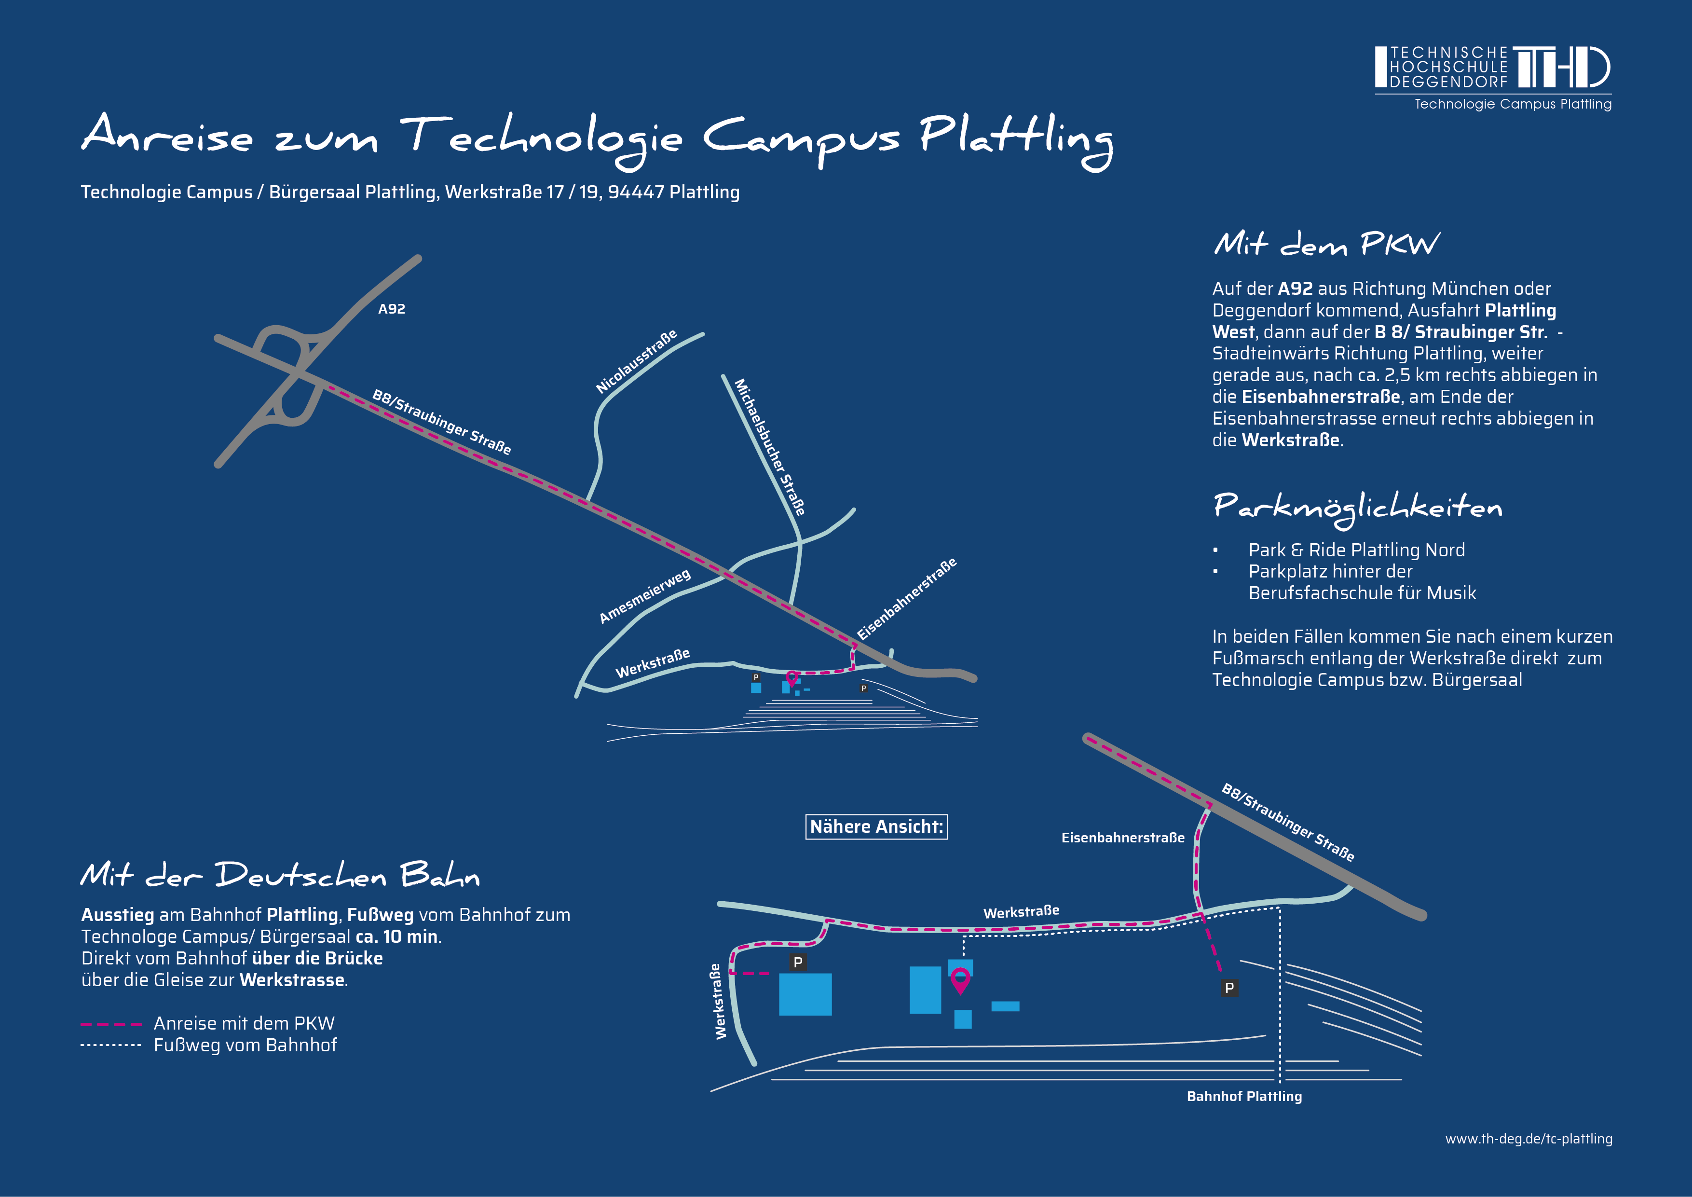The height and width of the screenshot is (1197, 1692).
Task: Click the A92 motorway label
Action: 391,309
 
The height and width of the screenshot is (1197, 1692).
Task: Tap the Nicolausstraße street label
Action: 636,362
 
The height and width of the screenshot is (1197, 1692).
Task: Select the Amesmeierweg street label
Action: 645,595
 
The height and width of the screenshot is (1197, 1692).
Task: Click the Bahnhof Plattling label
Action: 1244,1096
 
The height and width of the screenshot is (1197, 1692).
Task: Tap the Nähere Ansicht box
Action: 876,826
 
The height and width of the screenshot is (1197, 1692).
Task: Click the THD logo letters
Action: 1561,68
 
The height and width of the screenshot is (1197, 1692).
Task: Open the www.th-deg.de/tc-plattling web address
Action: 1528,1139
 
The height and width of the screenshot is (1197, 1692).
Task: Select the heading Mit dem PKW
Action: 1325,244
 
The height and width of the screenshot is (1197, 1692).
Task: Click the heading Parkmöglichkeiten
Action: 1357,507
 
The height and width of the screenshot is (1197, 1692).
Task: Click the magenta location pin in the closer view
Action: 959,979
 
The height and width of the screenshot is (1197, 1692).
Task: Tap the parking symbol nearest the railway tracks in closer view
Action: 1229,988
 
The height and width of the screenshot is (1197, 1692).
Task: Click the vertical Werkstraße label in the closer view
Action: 718,1001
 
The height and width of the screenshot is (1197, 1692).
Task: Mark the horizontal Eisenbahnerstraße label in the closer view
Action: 1122,837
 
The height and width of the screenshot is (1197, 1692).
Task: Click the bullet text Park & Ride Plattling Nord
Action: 1356,550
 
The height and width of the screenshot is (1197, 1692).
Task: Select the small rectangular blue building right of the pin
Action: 1005,1006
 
